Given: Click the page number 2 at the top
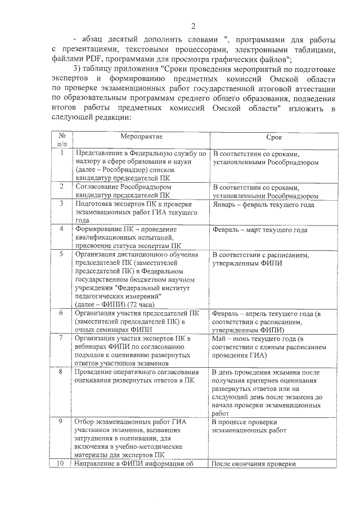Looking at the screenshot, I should click(193, 26).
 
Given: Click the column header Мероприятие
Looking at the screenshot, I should click(141, 137).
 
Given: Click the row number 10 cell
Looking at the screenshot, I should click(61, 463).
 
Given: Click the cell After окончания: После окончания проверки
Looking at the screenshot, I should click(253, 464).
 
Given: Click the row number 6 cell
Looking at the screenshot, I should click(61, 313).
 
